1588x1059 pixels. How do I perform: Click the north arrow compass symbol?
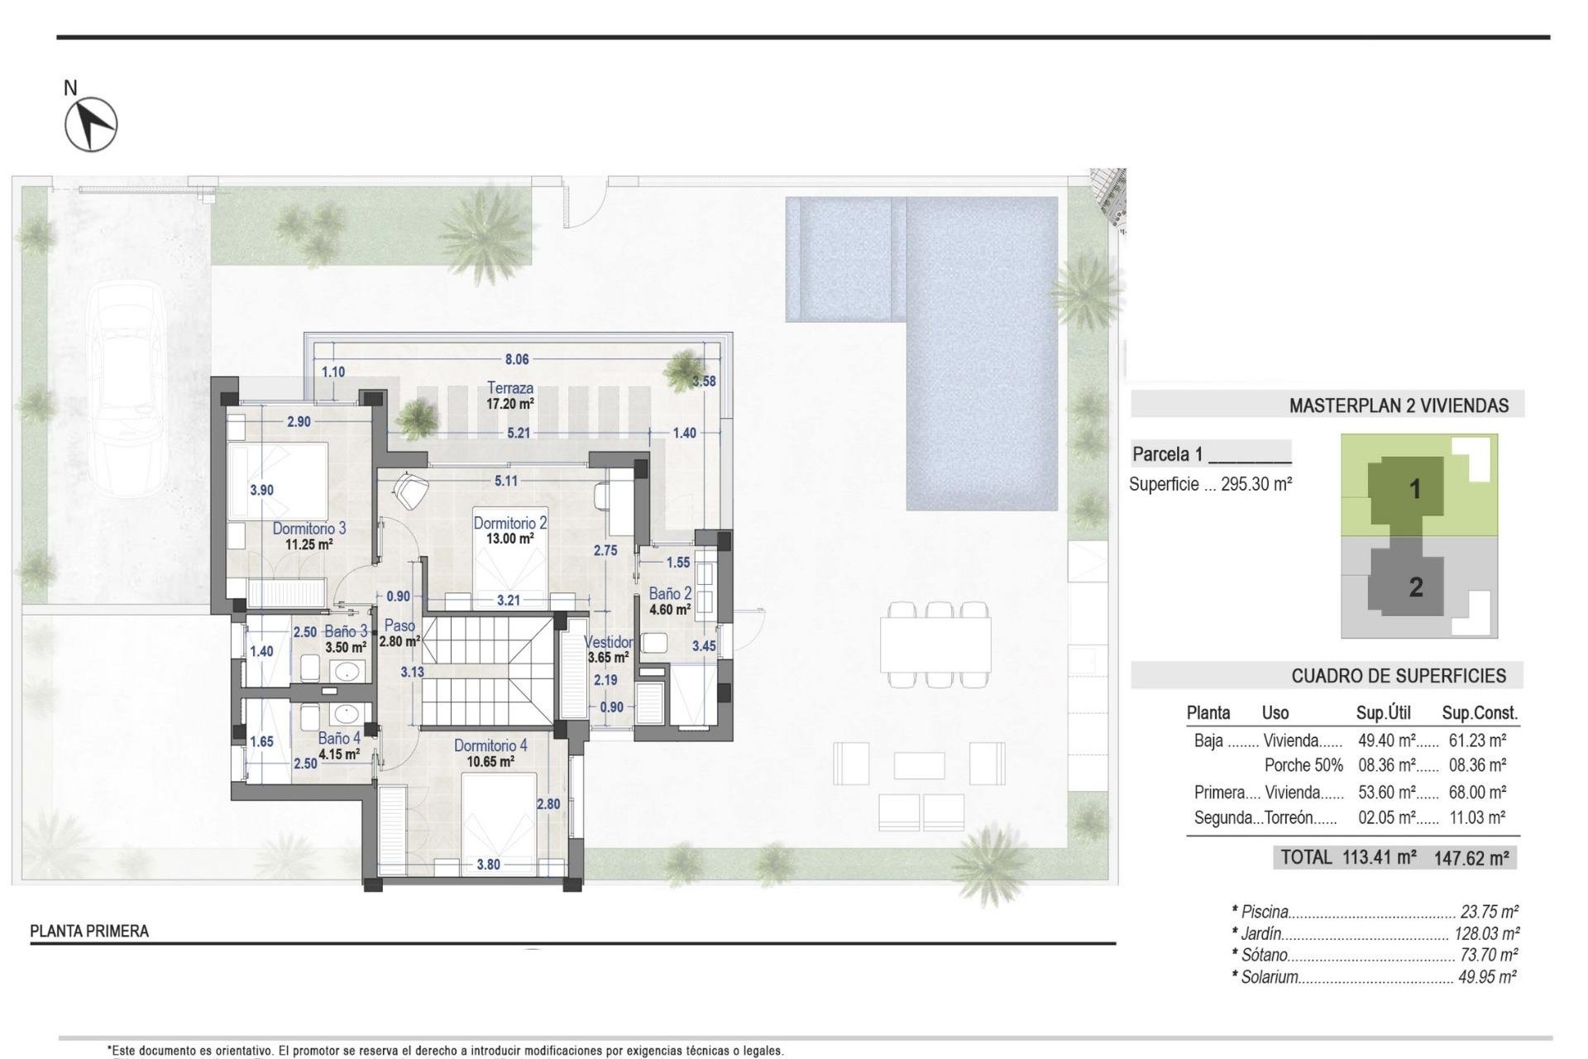click(91, 124)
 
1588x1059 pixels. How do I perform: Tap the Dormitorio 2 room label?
click(509, 523)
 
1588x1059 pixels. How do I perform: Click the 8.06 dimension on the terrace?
click(517, 360)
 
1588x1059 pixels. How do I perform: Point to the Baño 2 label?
click(670, 594)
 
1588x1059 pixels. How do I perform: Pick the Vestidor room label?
click(609, 642)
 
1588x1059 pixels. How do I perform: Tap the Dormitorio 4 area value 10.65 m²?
click(490, 761)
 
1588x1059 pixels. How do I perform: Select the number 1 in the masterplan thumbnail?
click(1415, 489)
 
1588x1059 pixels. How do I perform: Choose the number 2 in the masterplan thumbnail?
click(1416, 587)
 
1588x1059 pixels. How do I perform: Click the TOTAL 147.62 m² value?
click(1471, 858)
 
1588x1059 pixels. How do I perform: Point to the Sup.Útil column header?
click(1383, 713)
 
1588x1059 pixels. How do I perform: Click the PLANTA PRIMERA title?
click(89, 931)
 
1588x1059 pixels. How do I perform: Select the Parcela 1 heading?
click(1167, 454)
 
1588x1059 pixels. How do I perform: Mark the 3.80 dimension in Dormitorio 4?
click(488, 865)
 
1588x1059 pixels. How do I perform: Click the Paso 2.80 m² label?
click(400, 633)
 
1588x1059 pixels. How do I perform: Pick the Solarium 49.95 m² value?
click(1487, 977)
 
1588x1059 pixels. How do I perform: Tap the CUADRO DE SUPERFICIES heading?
click(1398, 676)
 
